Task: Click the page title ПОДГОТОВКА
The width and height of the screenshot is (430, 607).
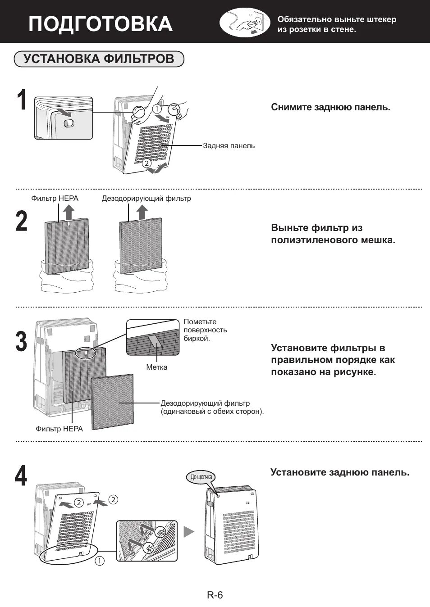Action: [100, 24]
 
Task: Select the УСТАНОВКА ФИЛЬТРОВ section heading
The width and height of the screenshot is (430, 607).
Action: [99, 59]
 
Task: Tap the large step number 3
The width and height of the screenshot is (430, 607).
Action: [22, 342]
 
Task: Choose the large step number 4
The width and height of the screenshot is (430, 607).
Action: [21, 476]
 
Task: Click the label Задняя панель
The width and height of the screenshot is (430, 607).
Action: [229, 146]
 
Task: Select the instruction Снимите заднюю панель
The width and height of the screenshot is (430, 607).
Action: [330, 107]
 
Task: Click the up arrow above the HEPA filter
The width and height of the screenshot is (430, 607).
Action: [68, 211]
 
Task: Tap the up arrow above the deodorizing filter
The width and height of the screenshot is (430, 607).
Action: [142, 212]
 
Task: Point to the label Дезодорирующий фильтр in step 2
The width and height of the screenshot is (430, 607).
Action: [146, 199]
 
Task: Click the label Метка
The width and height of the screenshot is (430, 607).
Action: [157, 367]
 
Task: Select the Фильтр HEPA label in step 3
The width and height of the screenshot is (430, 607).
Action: [59, 429]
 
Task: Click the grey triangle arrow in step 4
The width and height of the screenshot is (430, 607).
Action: [188, 532]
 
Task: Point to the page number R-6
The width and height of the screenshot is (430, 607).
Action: [215, 595]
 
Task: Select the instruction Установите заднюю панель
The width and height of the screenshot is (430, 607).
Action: [340, 472]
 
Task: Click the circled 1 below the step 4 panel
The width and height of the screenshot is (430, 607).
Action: [99, 561]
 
